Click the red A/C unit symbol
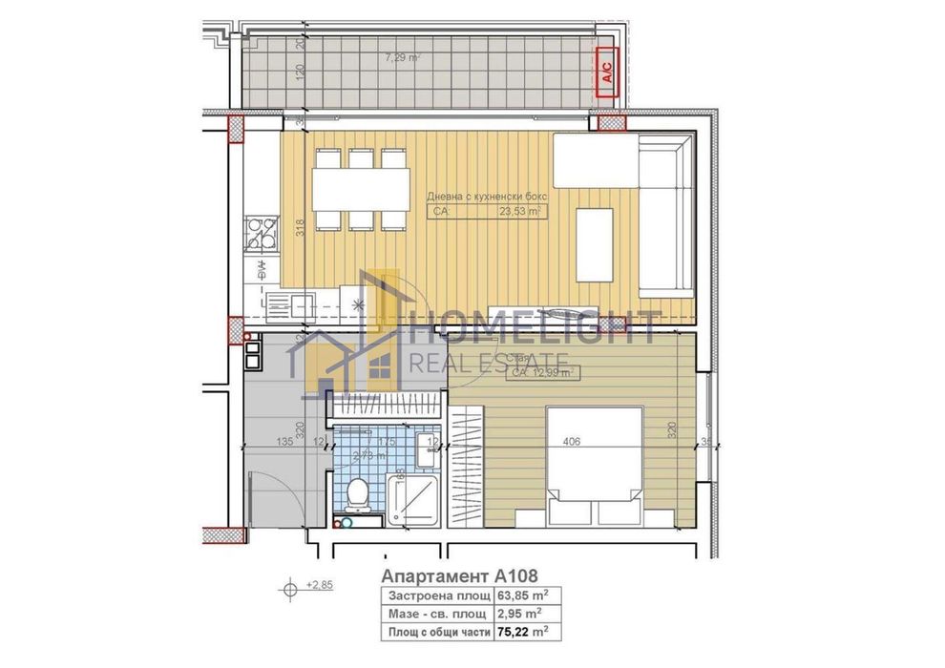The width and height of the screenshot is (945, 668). point(605,72)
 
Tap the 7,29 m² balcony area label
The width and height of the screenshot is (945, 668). point(402,58)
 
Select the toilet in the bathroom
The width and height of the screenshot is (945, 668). point(358,494)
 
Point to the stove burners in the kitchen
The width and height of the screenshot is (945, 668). point(258,234)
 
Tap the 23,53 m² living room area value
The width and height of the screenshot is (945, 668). point(520,214)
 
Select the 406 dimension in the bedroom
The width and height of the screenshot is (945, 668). point(573,441)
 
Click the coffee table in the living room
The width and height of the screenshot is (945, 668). point(595,244)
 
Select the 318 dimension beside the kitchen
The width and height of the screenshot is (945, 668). point(300,228)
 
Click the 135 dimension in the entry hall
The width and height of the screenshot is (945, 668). point(283,442)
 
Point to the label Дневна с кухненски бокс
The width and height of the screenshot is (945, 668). point(487,196)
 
